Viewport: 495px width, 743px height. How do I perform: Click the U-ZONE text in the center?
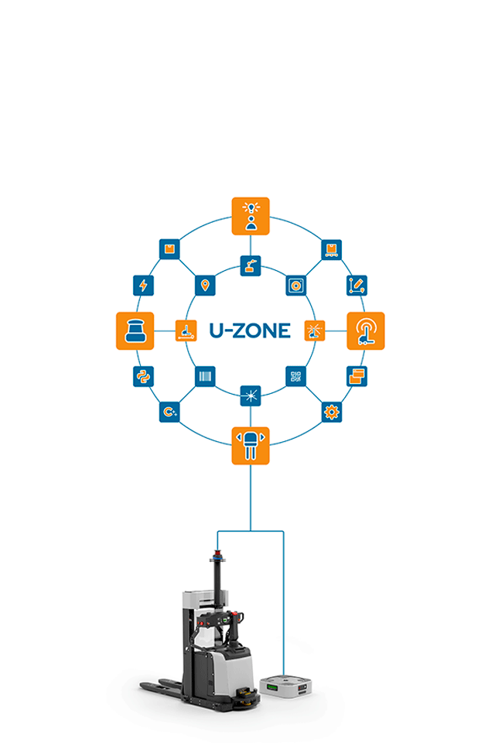[250, 331]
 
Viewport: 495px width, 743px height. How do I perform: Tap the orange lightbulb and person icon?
[251, 216]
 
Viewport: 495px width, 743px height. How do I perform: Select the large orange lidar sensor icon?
[135, 330]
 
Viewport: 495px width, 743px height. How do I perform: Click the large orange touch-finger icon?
[365, 331]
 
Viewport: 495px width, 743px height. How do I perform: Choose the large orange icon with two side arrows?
[251, 446]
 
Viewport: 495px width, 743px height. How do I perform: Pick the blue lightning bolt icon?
[143, 285]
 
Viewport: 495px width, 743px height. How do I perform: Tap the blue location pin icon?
[204, 285]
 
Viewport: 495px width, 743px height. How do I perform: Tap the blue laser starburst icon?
[251, 395]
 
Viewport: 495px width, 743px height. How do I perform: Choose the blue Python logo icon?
[143, 377]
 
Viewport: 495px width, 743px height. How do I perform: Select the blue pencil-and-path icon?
[357, 285]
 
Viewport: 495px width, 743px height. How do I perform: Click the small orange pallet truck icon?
[186, 331]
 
